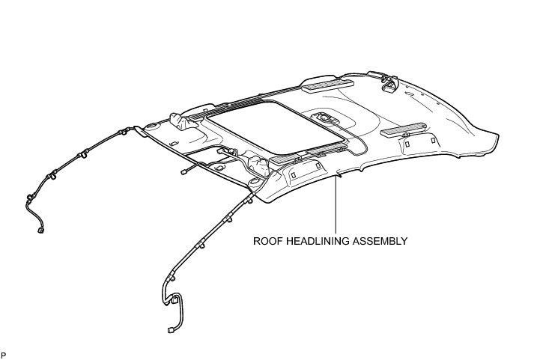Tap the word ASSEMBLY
click(382, 242)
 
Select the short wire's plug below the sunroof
click(183, 171)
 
